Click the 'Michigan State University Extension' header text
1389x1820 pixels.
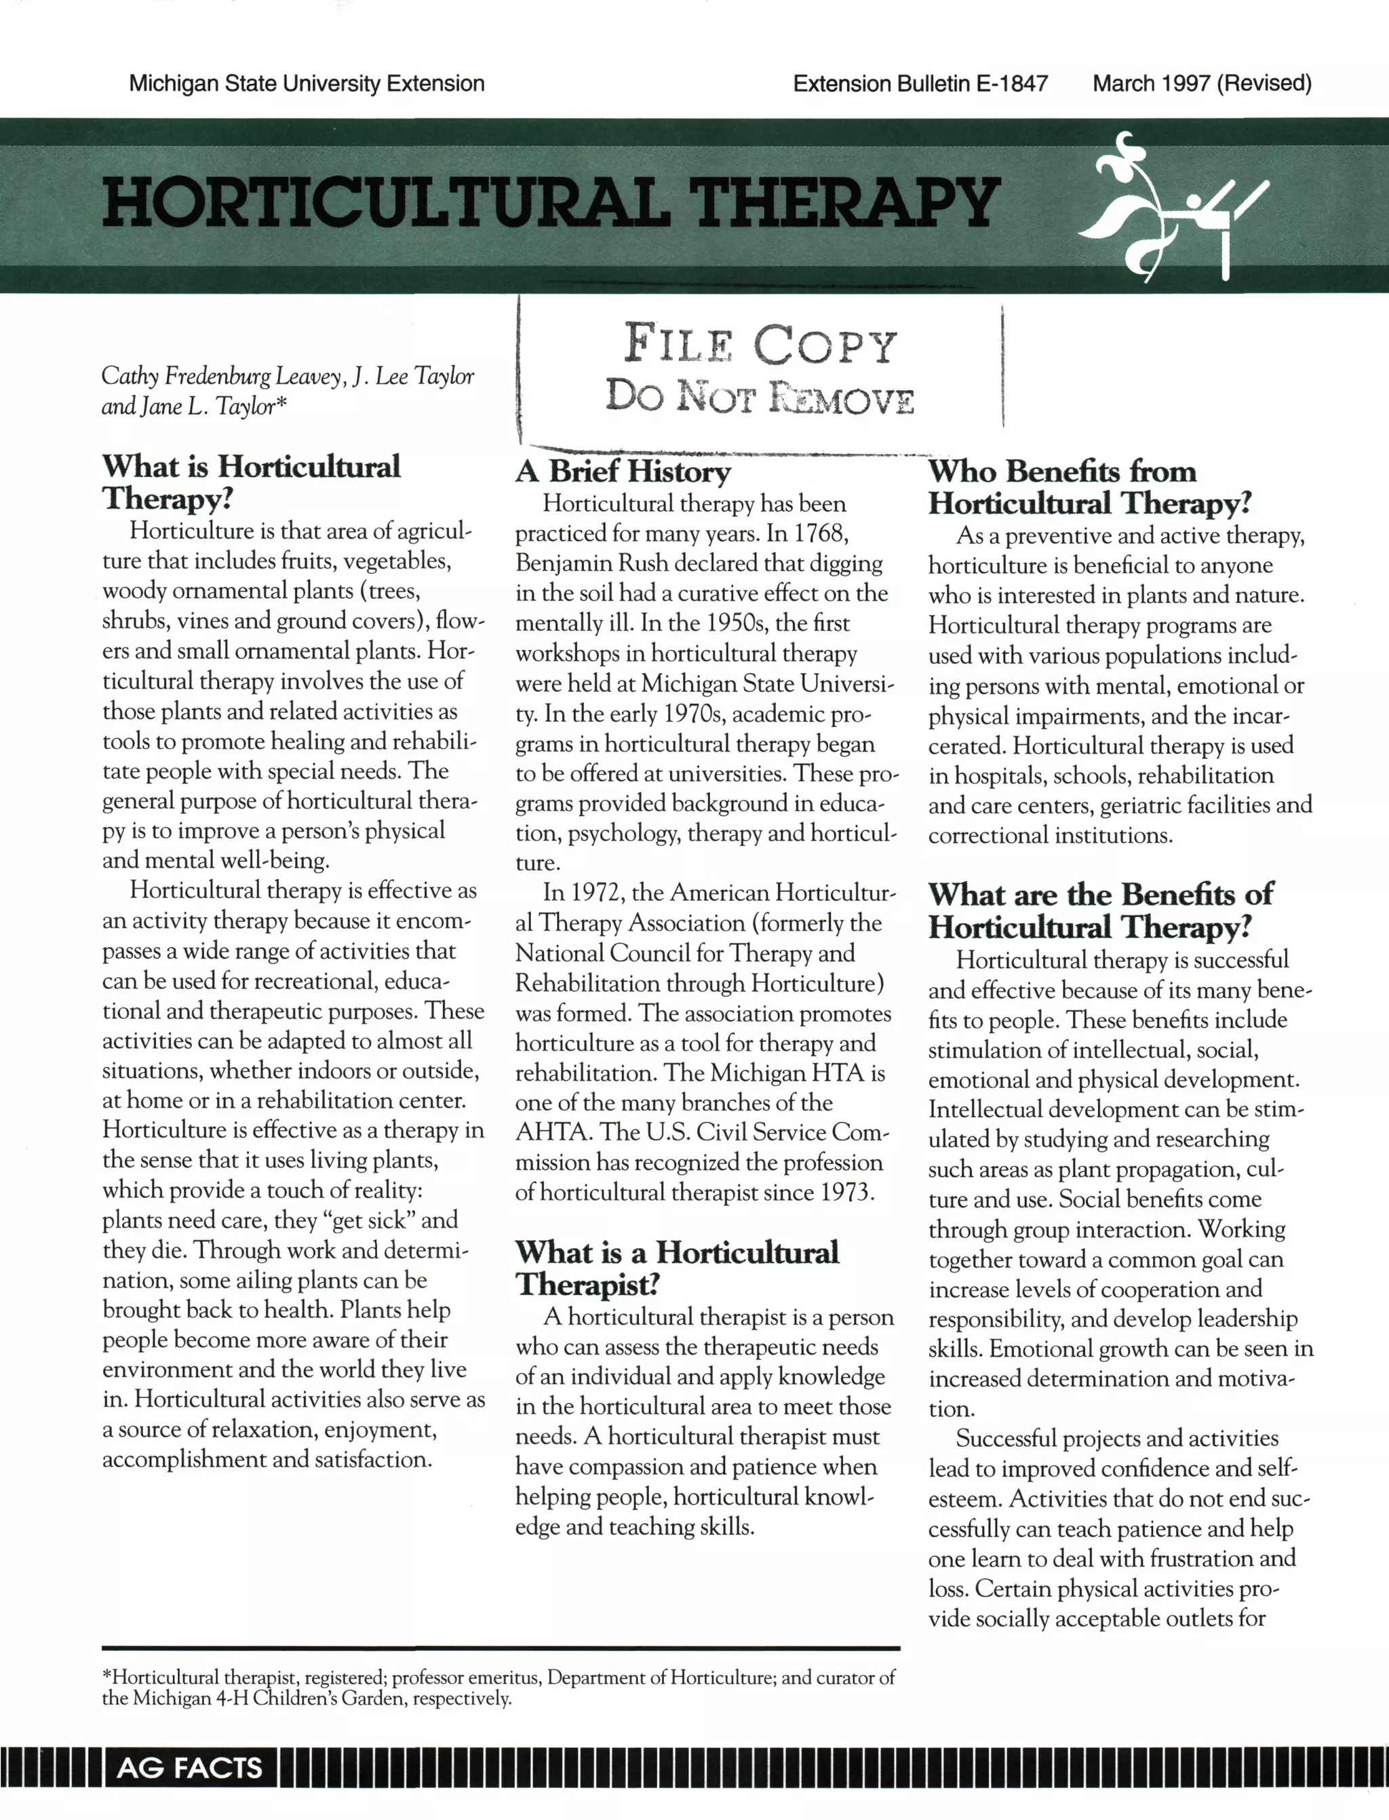coord(306,83)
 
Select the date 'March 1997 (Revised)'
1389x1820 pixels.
coord(1201,83)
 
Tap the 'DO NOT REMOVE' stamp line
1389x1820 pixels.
coord(760,397)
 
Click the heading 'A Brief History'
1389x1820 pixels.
coord(623,471)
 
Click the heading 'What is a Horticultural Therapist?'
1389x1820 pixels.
coord(676,1268)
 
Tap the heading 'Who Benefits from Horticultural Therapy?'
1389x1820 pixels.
coord(1088,487)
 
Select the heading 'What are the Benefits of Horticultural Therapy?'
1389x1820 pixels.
coord(1099,910)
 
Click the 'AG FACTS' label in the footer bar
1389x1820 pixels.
coord(189,1768)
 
